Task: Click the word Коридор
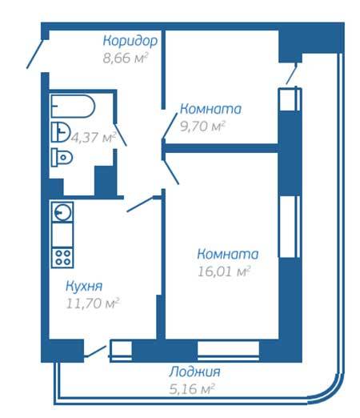(130, 41)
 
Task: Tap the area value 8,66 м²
(126, 58)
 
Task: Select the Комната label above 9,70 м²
(210, 109)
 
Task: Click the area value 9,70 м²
(202, 126)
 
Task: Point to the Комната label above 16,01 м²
(228, 254)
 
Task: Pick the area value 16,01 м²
(224, 271)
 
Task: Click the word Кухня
(84, 286)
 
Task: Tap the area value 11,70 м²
(92, 303)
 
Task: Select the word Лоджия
(194, 372)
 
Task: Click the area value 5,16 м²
(192, 389)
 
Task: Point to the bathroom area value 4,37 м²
(94, 138)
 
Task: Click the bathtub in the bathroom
(73, 107)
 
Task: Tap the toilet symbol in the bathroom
(62, 157)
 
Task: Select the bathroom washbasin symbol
(61, 132)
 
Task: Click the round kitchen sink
(62, 212)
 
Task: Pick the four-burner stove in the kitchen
(62, 258)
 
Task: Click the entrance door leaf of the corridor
(34, 54)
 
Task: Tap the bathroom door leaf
(120, 135)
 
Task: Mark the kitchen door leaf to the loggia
(96, 352)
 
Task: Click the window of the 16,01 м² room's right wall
(289, 227)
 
